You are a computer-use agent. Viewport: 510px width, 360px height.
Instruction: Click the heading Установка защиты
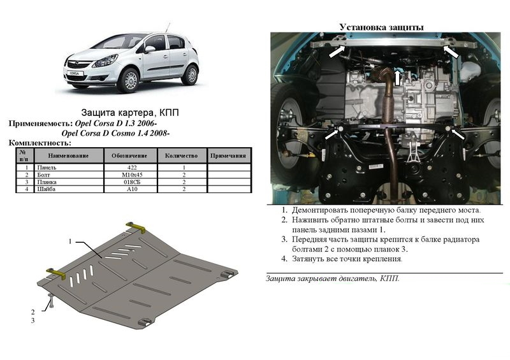pos(381,27)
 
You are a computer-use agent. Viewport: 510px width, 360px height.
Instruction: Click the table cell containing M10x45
pos(131,175)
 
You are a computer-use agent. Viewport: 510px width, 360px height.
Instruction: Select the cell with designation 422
pos(131,168)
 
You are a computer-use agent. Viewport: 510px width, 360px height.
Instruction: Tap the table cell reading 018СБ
pos(131,182)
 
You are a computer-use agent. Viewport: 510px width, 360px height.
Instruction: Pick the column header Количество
pos(182,155)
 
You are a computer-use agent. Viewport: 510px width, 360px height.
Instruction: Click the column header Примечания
pos(228,155)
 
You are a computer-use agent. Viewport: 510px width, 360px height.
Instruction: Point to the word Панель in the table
pos(47,168)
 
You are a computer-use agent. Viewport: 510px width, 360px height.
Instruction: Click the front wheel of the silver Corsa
pos(129,80)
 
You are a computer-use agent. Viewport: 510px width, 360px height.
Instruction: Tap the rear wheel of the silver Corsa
pos(191,75)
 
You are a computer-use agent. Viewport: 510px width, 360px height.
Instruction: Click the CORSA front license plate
pos(75,73)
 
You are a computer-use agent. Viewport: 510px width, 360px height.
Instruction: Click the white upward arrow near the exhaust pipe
pos(397,78)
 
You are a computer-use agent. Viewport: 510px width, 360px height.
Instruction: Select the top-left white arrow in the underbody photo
pos(337,52)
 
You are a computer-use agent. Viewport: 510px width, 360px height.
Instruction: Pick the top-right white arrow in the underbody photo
pos(451,52)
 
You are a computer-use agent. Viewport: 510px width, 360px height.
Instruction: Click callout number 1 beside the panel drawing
pos(70,241)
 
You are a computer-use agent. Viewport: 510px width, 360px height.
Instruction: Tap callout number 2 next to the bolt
pos(33,312)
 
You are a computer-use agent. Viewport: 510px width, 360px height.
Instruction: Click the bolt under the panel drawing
pos(51,301)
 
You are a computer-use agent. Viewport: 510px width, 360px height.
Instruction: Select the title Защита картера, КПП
pos(130,113)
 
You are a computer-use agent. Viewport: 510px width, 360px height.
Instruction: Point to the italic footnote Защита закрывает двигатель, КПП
pos(332,278)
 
